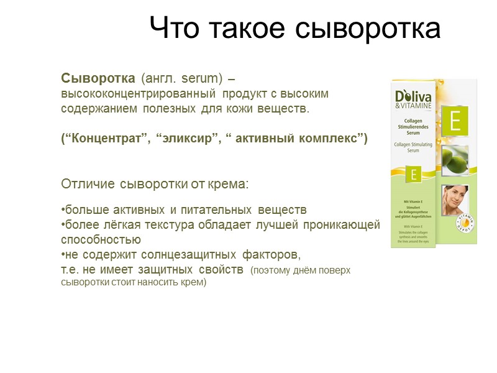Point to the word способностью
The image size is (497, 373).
[101, 239]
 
